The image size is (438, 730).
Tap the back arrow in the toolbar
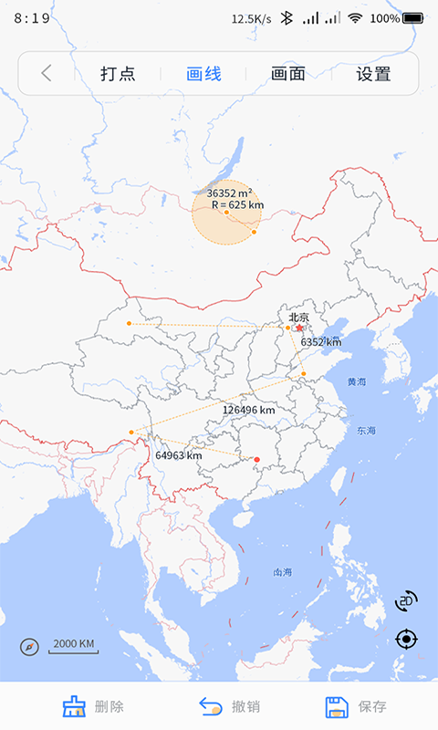pos(47,74)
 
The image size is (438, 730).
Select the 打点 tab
pos(118,74)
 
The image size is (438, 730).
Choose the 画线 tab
pos(203,74)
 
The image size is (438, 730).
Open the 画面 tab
pos(288,74)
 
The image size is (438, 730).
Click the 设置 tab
pos(373,74)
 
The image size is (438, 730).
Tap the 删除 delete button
pos(93,706)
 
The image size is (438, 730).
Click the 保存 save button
pos(356,706)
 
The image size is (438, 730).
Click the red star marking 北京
pos(299,328)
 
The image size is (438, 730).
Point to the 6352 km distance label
pos(320,341)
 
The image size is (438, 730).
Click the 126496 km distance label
pos(248,410)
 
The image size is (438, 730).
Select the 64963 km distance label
pos(178,454)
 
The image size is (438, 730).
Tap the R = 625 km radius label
pos(237,205)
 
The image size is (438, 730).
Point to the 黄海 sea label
pos(356,381)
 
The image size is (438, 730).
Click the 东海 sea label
pos(367,430)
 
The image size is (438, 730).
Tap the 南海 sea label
pos(283,572)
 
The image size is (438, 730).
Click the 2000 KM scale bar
pos(74,645)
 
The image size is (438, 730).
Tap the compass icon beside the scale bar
pos(30,647)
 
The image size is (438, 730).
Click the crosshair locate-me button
pos(407,639)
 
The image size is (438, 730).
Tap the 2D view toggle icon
pos(406,600)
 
